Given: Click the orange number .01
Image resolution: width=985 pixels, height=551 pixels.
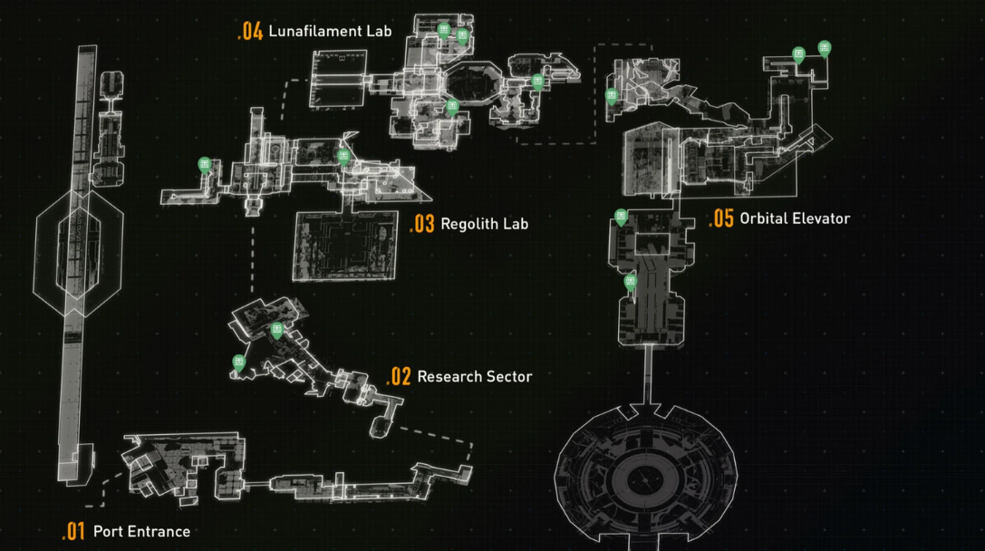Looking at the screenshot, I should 73,531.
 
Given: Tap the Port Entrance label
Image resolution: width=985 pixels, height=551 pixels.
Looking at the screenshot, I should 141,531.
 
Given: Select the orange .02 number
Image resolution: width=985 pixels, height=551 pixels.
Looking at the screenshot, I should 399,377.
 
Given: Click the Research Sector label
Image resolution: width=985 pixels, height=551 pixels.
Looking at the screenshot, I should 474,376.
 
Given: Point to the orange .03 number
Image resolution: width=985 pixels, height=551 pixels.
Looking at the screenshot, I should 422,224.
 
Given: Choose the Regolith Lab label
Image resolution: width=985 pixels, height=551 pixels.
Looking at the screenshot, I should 484,224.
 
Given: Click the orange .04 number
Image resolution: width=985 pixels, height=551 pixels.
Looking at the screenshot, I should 250,32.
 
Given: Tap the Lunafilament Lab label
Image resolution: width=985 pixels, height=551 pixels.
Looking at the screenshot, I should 330,32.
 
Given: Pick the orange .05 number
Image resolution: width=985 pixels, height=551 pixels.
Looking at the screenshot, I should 721,218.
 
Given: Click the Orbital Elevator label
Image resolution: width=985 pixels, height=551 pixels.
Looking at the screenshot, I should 794,218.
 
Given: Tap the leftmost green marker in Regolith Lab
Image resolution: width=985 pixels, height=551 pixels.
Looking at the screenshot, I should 205,164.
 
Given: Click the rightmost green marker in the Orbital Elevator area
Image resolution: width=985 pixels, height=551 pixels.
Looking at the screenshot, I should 825,48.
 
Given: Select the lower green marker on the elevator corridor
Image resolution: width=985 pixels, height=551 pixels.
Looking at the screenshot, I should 631,283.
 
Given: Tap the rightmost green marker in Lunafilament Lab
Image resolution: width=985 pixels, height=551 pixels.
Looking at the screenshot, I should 538,82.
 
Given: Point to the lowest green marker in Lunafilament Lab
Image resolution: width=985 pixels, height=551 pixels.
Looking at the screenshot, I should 453,107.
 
